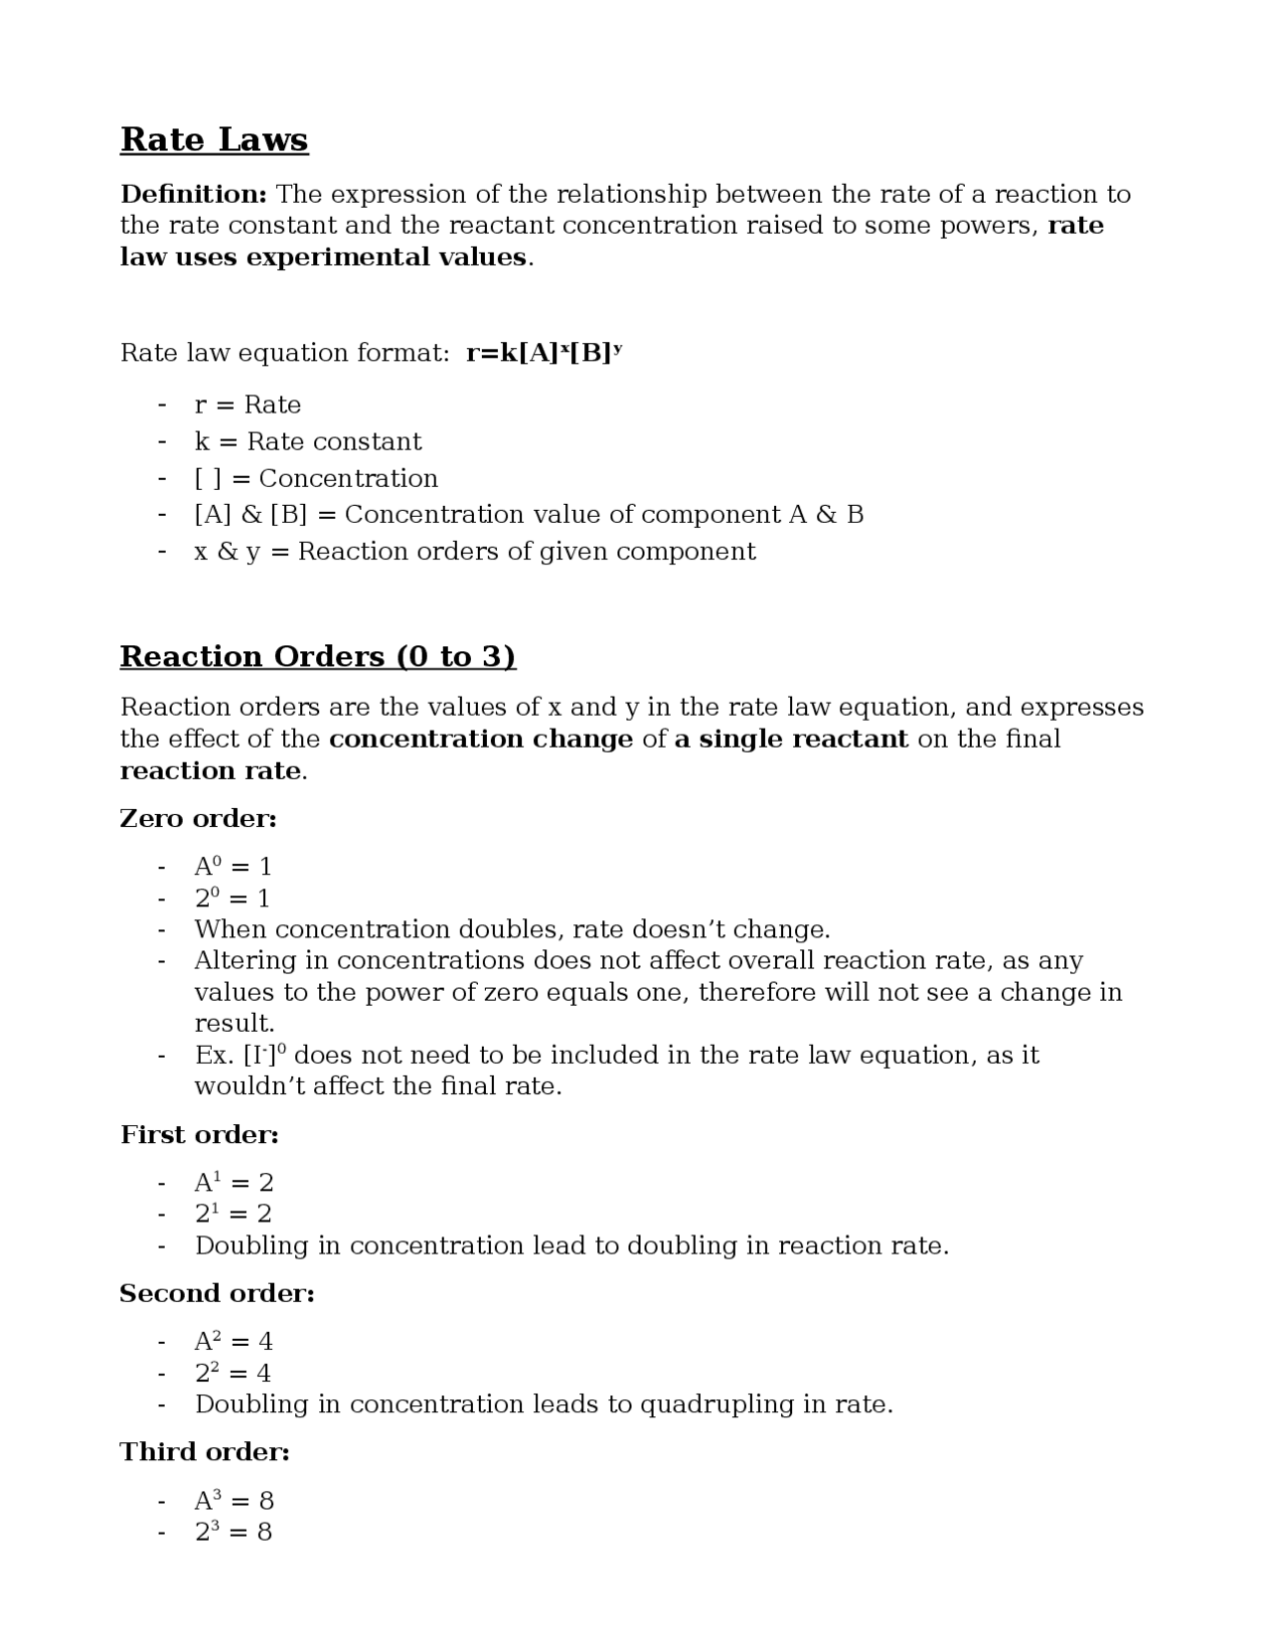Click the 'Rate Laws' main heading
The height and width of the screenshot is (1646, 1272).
pos(214,140)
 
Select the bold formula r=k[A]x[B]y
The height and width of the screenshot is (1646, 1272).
pos(544,353)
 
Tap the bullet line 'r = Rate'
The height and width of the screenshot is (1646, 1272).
pos(247,405)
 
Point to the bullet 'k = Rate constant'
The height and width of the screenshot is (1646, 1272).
pos(307,441)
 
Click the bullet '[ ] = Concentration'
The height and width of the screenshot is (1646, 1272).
pos(315,478)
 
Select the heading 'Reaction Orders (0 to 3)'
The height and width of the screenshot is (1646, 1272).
pos(318,657)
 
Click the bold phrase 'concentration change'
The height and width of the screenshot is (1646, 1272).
pos(481,740)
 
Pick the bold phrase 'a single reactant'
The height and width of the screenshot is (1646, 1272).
pos(791,740)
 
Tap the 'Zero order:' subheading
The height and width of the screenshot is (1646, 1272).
pos(198,819)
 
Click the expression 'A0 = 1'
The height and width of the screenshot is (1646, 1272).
pos(233,867)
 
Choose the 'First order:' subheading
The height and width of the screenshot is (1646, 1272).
pos(199,1135)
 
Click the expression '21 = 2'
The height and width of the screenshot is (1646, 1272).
pos(233,1214)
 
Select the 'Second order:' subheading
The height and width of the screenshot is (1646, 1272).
pos(217,1294)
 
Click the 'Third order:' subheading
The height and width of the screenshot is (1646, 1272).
pos(205,1452)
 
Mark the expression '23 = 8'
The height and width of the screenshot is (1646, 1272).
pos(233,1532)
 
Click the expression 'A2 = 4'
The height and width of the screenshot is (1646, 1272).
pos(233,1342)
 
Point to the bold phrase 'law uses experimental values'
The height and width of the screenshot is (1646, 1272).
pos(323,257)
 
